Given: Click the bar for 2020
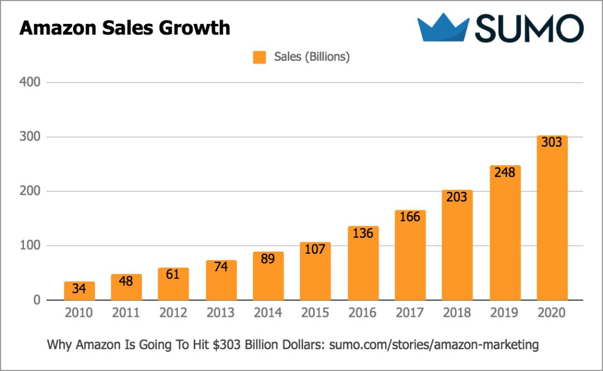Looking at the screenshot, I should [x=552, y=223].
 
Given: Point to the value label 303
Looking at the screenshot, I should [x=552, y=142].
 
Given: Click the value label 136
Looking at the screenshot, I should [x=363, y=233].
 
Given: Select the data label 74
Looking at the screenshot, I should [x=221, y=267].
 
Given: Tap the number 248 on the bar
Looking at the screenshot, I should [x=505, y=172].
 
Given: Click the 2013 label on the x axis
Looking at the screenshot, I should [x=221, y=313].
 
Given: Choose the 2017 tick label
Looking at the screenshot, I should [x=410, y=313].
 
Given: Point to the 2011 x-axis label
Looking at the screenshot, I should [x=126, y=313].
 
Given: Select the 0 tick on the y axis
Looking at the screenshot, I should [x=37, y=301].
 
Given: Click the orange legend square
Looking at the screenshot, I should [x=259, y=57].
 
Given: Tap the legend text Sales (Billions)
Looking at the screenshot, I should [x=312, y=57].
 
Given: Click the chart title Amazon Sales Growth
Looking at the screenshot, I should [x=125, y=27].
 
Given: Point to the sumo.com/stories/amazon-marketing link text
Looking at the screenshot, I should [x=434, y=345].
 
